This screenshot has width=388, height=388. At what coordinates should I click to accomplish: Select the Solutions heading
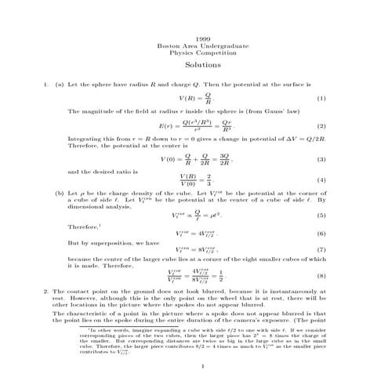coord(203,65)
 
